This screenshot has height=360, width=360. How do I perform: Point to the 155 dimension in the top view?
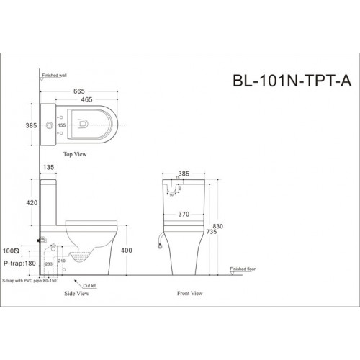[x=63, y=127]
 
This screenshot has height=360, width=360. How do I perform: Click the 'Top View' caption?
[x=77, y=153]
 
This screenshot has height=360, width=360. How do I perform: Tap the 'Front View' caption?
[x=189, y=294]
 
